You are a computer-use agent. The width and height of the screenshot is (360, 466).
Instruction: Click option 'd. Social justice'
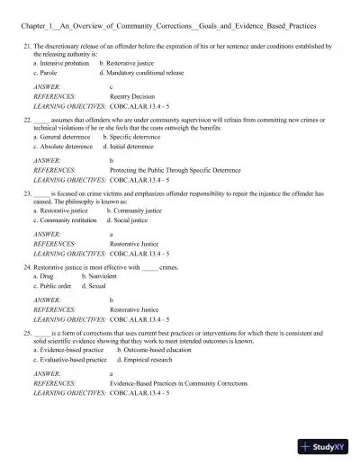point(127,220)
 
